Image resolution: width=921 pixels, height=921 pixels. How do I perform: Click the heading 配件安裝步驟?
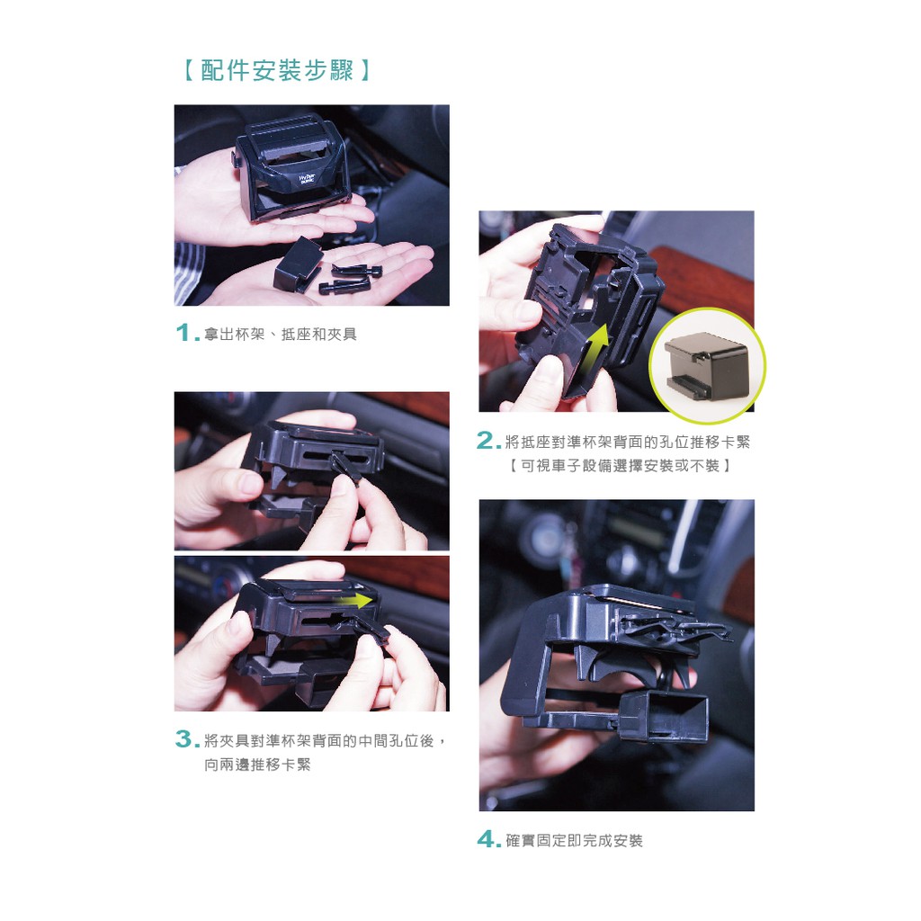coord(276,70)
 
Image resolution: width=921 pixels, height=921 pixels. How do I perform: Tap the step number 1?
coord(184,333)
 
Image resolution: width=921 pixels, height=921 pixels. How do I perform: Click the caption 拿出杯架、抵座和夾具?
coord(281,335)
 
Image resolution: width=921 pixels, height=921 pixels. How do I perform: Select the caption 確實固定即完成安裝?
coord(574,841)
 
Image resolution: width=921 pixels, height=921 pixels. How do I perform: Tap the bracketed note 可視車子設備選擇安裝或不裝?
coord(619,466)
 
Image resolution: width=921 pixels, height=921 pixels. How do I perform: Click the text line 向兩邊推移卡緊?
coord(257,765)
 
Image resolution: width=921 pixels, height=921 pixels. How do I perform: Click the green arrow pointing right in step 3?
coord(353,601)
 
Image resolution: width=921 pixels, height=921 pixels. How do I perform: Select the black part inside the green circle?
coord(705,366)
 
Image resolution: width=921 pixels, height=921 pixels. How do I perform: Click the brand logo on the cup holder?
coord(307,179)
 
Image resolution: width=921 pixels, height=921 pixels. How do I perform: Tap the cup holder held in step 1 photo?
coord(292,169)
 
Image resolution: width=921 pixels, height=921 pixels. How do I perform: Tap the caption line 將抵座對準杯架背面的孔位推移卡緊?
coord(627,442)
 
